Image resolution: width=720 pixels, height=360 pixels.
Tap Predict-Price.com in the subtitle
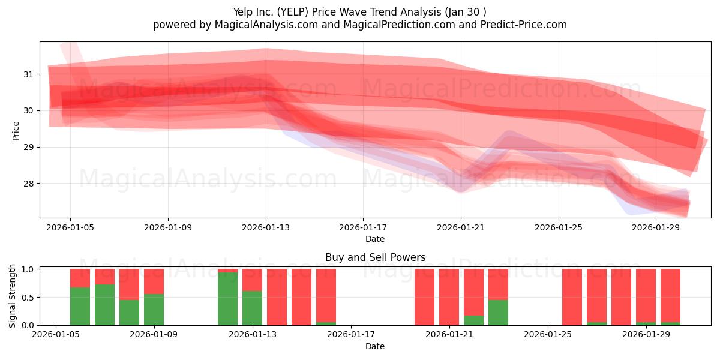524,25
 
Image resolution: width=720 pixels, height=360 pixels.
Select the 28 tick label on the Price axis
28,184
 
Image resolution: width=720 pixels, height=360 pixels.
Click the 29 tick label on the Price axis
28,148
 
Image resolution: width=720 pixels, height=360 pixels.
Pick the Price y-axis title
16,131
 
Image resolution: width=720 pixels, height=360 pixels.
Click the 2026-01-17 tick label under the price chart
363,227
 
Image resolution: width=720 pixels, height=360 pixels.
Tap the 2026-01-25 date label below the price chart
559,227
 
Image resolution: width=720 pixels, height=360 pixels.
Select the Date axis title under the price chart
375,239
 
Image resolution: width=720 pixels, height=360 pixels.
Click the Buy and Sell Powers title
375,257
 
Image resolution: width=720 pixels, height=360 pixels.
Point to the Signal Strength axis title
12,296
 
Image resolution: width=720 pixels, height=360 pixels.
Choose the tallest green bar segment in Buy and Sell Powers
227,299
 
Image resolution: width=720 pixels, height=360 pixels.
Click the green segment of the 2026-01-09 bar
154,310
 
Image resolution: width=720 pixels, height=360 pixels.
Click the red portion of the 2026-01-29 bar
646,295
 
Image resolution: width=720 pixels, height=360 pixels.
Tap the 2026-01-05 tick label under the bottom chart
56,335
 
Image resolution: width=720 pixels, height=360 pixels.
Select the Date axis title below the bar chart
375,346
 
